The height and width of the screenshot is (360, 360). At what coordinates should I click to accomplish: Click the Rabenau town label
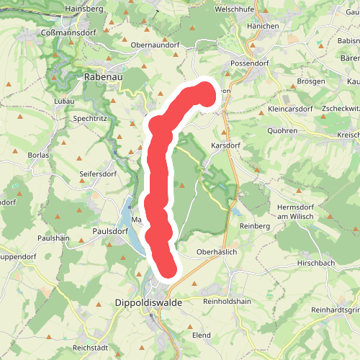(104, 75)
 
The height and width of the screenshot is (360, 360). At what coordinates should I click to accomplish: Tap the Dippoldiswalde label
(148, 304)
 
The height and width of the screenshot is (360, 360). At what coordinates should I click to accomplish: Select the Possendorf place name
(248, 63)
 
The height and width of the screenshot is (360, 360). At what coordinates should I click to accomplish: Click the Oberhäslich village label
(217, 253)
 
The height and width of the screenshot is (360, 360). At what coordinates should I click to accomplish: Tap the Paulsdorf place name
(110, 231)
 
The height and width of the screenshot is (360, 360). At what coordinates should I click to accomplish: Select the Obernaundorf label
(155, 45)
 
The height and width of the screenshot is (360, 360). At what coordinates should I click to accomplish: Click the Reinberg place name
(254, 226)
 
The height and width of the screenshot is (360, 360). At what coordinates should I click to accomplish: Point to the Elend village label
(201, 335)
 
